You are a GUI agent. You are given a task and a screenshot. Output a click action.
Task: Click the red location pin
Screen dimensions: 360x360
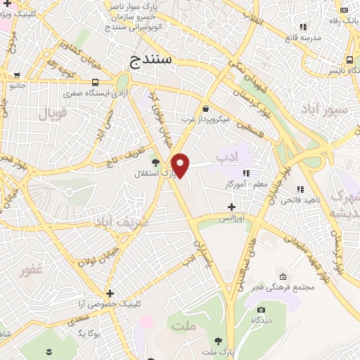[181, 165]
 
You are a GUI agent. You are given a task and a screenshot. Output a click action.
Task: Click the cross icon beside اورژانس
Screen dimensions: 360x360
[231, 207]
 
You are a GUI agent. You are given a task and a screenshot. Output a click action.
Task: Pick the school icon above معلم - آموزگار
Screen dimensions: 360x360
[247, 173]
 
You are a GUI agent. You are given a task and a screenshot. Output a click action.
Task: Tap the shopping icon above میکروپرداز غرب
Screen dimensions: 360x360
[205, 109]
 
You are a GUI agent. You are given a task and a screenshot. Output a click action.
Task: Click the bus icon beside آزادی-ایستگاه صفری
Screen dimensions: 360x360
[95, 82]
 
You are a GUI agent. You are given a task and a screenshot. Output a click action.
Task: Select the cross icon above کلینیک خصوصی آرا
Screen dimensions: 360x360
[110, 293]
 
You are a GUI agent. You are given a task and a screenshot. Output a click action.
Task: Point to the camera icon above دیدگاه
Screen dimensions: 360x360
[262, 309]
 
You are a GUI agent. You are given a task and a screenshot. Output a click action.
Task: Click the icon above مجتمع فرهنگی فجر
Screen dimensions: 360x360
[283, 276]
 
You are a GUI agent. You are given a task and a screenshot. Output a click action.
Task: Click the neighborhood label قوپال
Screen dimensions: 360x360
[52, 113]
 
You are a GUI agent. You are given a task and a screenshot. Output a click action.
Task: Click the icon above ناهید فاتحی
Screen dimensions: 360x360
[300, 189]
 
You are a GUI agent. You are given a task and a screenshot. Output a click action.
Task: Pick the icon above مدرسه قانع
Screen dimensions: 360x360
[303, 27]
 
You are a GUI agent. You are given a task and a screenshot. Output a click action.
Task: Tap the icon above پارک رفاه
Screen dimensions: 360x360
[344, 9]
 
